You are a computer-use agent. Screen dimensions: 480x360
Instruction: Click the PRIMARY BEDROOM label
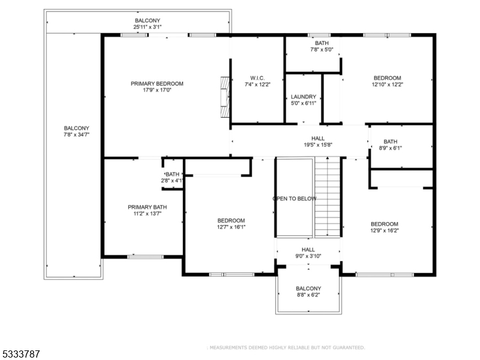point(157,83)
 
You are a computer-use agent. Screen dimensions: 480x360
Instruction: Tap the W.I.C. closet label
point(257,78)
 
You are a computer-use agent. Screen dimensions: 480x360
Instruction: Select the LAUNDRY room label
point(304,97)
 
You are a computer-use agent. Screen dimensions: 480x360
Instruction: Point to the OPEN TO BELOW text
point(295,199)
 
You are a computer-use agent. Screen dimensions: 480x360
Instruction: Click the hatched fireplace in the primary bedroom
point(225,97)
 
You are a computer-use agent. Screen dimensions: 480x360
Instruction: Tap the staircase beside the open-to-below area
point(328,197)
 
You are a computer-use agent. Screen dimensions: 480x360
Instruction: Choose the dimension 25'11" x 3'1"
point(147,27)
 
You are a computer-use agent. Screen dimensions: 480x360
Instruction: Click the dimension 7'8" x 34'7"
point(76,134)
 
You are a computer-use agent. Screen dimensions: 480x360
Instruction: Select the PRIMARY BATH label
point(147,207)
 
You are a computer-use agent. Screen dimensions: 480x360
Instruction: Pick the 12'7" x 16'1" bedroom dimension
point(231,227)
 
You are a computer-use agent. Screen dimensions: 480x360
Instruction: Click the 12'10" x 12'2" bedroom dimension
point(387,85)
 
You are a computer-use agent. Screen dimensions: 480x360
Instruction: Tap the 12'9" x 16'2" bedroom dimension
point(385,230)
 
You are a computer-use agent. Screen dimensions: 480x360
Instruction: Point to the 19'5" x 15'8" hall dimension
point(318,145)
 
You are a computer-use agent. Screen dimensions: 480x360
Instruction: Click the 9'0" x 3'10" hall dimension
point(308,256)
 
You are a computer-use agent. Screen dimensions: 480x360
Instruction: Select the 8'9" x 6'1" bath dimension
point(391,148)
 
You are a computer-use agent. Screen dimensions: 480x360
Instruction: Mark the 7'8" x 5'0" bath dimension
point(322,50)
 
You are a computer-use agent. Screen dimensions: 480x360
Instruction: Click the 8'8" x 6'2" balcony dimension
point(308,295)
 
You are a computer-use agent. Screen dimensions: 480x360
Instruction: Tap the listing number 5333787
point(20,354)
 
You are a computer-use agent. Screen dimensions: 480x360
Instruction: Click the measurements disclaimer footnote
point(286,348)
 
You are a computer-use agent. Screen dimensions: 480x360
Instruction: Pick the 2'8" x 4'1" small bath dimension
point(172,181)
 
